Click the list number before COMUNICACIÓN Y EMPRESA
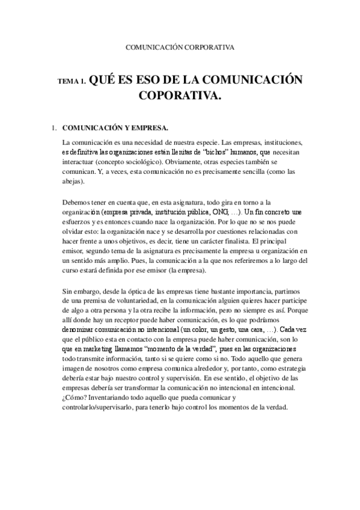tap(54, 127)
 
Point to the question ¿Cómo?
tap(75, 397)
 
